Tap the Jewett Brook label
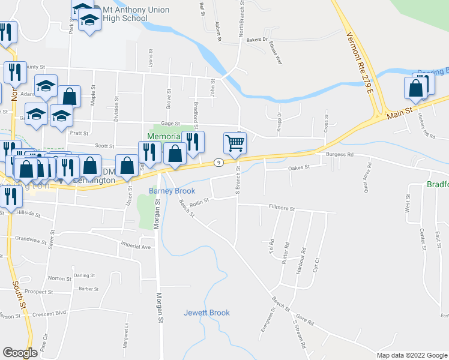pos(206,313)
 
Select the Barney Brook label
pos(172,191)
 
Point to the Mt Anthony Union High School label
pos(127,14)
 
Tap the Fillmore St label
pos(282,208)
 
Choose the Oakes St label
pos(298,167)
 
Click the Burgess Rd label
pos(340,154)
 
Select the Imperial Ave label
pos(134,246)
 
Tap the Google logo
pos(20,353)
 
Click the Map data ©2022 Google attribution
pos(411,355)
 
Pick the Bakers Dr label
pos(256,40)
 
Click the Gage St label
pos(170,123)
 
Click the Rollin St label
pos(198,203)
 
